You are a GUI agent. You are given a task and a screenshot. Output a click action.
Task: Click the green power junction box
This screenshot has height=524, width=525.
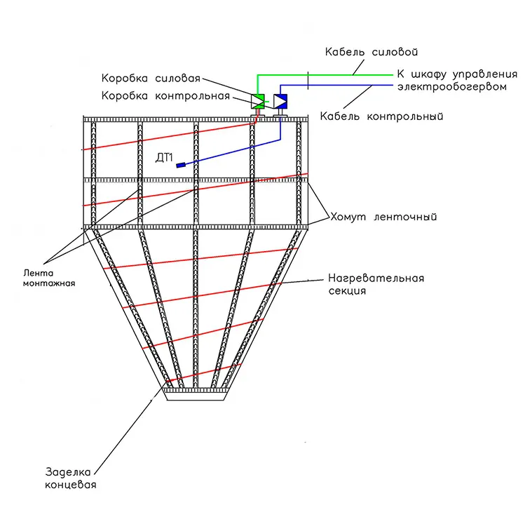(x=258, y=101)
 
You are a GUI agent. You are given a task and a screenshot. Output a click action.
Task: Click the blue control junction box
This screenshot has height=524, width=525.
(x=280, y=101)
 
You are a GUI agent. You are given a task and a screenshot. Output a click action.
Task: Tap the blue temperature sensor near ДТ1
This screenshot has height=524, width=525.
(x=181, y=165)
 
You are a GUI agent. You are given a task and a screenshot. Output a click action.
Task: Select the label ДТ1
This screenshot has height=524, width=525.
(x=164, y=157)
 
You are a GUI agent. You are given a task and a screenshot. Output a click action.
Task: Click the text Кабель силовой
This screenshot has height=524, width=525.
(x=371, y=52)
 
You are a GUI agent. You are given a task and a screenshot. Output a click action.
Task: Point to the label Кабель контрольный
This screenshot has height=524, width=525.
(x=381, y=116)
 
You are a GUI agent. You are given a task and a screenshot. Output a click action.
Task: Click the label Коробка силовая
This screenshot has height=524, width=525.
(x=151, y=78)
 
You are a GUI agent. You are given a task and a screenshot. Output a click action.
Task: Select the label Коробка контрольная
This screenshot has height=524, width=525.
(x=165, y=96)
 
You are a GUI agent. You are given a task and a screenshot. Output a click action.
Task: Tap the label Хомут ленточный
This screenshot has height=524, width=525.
(x=383, y=217)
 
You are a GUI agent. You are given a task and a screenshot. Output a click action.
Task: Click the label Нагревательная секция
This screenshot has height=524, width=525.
(x=376, y=284)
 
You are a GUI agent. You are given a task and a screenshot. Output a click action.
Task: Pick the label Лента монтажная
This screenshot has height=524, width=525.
(x=49, y=278)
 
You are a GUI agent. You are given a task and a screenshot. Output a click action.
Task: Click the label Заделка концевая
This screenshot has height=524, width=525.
(x=71, y=478)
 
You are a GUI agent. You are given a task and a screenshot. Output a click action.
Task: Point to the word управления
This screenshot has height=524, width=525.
(x=485, y=74)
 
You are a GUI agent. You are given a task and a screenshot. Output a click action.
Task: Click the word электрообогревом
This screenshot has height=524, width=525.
(x=452, y=87)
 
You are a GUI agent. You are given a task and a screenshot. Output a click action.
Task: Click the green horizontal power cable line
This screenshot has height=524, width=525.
(x=325, y=75)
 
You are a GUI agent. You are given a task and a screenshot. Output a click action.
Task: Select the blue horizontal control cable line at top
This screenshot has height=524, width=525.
(x=336, y=85)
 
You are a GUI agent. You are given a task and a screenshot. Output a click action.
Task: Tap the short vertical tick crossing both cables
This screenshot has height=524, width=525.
(x=308, y=81)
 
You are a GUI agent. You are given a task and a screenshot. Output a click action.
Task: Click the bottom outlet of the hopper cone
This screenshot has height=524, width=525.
(x=196, y=396)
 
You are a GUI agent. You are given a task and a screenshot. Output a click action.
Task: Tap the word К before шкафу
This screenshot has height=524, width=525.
(x=400, y=74)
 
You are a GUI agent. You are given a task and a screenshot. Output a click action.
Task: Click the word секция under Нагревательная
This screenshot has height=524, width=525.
(x=347, y=290)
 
